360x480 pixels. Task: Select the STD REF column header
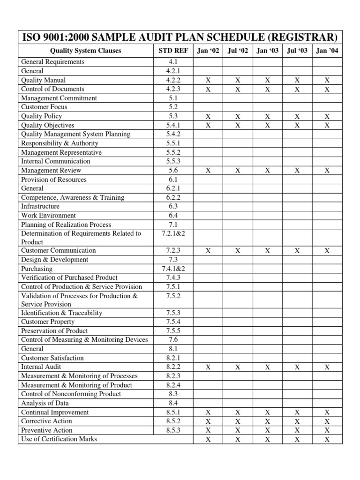tap(173, 51)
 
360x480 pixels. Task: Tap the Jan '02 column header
tap(208, 51)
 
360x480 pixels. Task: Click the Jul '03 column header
tap(297, 51)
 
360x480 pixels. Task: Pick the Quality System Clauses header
tap(85, 51)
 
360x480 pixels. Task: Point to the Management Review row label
tap(51, 171)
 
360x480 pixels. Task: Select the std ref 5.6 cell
tap(173, 171)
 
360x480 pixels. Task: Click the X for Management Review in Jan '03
tap(267, 171)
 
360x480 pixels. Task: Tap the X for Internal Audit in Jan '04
tap(327, 367)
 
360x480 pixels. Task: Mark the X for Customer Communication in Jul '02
tap(238, 251)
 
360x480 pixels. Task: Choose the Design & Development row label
tap(54, 260)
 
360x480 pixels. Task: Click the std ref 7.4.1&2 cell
tap(173, 269)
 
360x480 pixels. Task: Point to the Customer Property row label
tap(48, 322)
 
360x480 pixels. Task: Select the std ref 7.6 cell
tap(173, 340)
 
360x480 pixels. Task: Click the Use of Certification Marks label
tap(59, 439)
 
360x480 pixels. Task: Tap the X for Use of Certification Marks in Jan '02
tap(208, 440)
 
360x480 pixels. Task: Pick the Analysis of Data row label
tap(45, 403)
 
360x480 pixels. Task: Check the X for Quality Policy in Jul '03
tap(297, 116)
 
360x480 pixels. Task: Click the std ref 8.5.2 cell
tap(173, 421)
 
